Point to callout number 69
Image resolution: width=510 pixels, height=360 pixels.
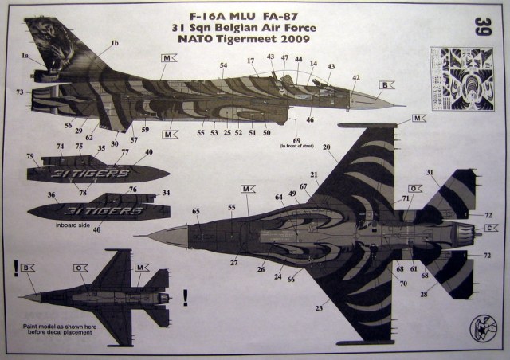(297, 140)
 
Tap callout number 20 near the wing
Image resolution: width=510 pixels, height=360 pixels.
(326, 147)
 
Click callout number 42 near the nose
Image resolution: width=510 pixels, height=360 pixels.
(356, 78)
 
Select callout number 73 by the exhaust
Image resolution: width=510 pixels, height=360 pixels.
(19, 92)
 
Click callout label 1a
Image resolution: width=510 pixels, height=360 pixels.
(25, 56)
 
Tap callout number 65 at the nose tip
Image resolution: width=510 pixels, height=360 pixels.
(196, 211)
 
